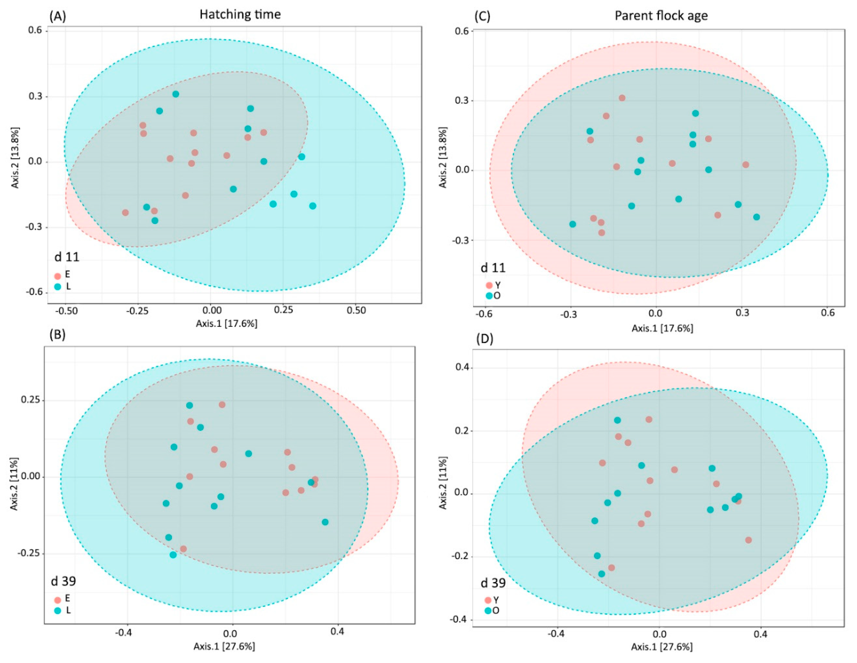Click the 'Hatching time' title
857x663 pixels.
pyautogui.click(x=240, y=15)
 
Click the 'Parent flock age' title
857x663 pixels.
pyautogui.click(x=661, y=16)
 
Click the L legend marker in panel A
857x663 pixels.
pyautogui.click(x=58, y=287)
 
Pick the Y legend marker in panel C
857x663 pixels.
pyautogui.click(x=489, y=285)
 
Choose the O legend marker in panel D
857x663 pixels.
pyautogui.click(x=489, y=611)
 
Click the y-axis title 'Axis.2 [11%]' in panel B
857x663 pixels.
pyautogui.click(x=14, y=484)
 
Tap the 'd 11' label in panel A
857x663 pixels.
pyautogui.click(x=67, y=257)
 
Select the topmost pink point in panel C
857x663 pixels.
pyautogui.click(x=622, y=98)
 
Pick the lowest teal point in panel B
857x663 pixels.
pyautogui.click(x=173, y=555)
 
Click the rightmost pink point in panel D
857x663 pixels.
pyautogui.click(x=748, y=540)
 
